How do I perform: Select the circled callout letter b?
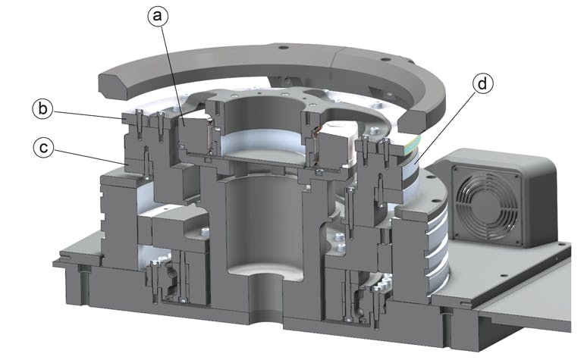click(44, 109)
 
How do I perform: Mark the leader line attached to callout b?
click(87, 114)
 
